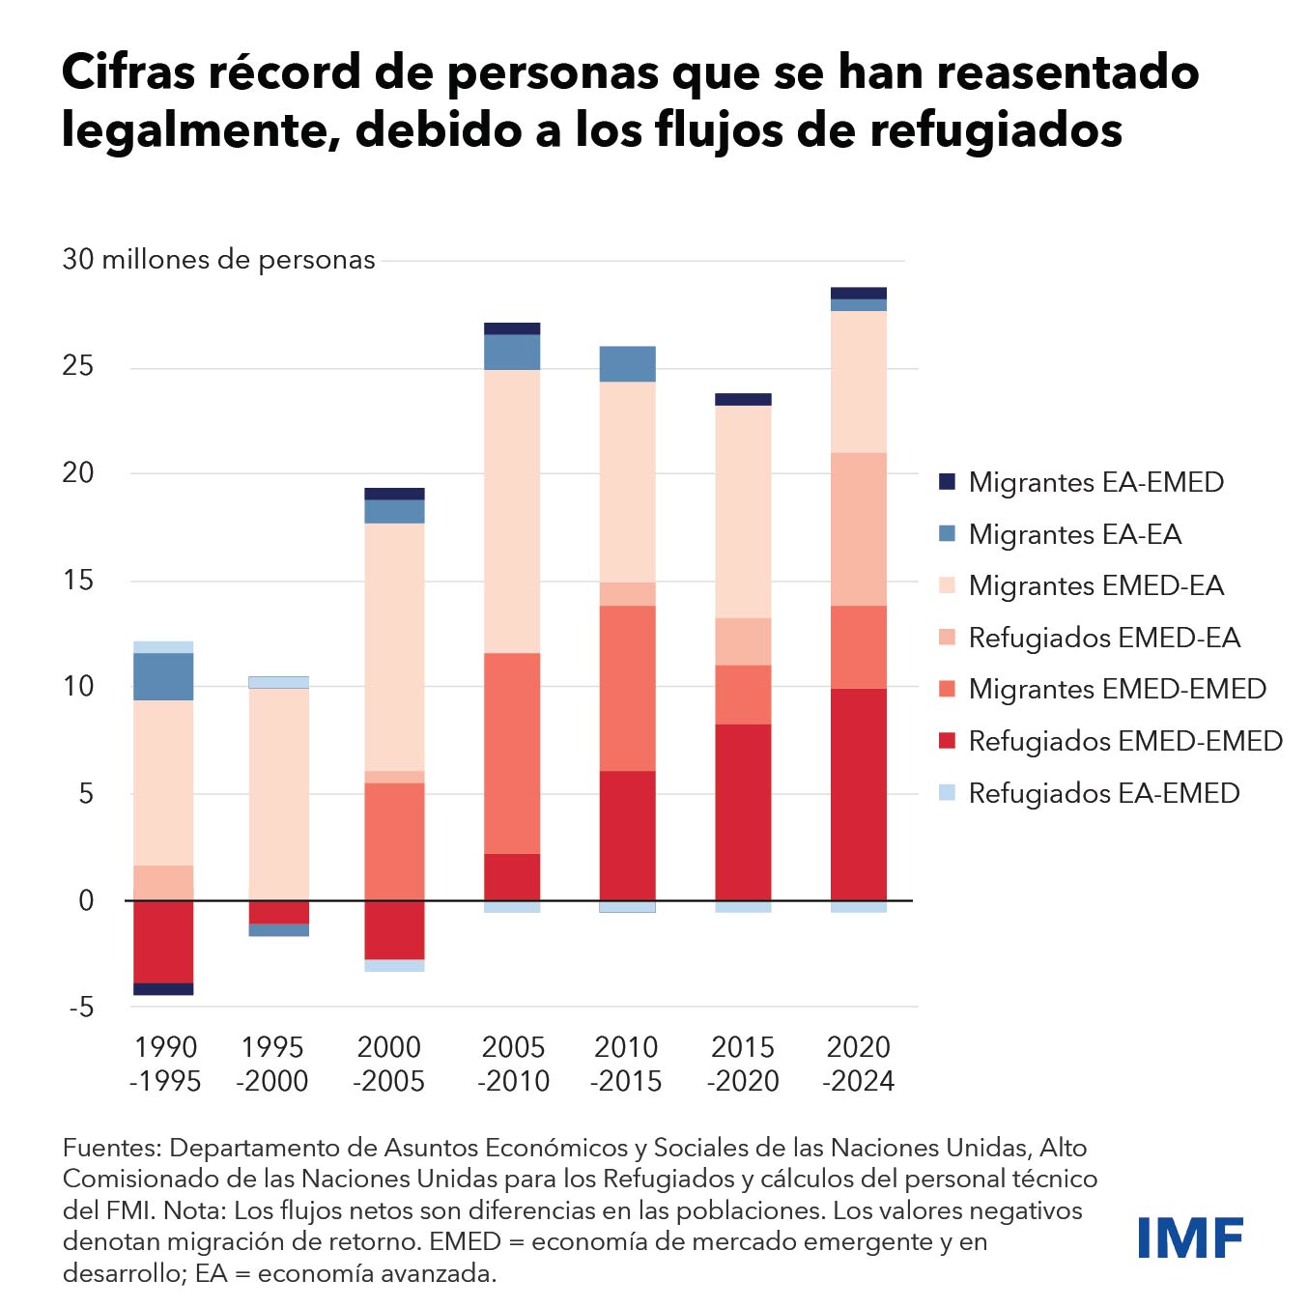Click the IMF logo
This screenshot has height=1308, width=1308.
[x=1189, y=1237]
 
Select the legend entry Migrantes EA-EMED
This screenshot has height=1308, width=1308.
[x=1095, y=482]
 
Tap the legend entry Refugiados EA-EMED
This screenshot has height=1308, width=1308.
[x=1103, y=793]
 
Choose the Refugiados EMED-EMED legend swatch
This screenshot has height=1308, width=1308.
[x=947, y=741]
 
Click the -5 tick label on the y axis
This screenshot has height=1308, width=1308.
[x=81, y=1008]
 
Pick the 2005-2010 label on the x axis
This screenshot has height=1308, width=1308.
[x=513, y=1064]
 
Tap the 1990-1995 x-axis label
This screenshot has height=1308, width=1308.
[x=165, y=1064]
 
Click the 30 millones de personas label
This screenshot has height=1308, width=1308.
[x=218, y=260]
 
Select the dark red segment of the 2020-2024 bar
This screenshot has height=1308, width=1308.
[x=858, y=794]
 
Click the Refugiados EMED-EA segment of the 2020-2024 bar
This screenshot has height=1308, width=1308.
[x=858, y=529]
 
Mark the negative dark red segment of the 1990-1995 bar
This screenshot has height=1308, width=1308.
[x=163, y=941]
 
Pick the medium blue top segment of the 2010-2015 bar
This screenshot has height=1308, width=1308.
[x=627, y=364]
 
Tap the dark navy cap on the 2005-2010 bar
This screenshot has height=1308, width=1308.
[x=512, y=328]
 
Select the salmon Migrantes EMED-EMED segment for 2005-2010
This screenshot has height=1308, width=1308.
[x=512, y=754]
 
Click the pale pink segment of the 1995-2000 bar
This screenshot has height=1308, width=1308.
[x=278, y=792]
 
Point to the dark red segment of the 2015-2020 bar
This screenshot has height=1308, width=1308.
[x=743, y=811]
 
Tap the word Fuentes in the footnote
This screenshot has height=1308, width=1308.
[x=111, y=1148]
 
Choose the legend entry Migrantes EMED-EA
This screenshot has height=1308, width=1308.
[x=1095, y=585]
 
